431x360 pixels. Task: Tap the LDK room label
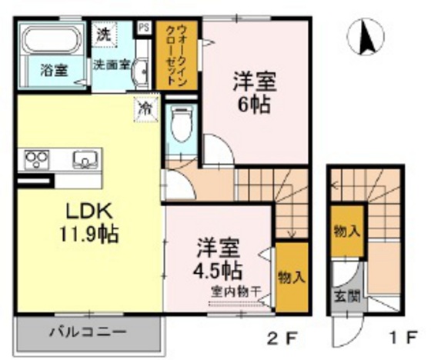point(88,211)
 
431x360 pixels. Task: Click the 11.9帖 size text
point(87,233)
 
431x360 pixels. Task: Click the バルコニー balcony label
point(87,334)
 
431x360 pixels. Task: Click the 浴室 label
point(53,68)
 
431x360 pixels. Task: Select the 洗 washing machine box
point(103,33)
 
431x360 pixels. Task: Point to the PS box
point(143,28)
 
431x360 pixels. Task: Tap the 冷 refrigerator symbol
point(143,108)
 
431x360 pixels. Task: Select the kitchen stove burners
point(36,159)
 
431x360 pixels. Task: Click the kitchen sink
point(84,160)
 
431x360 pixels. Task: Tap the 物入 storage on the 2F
point(288,276)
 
